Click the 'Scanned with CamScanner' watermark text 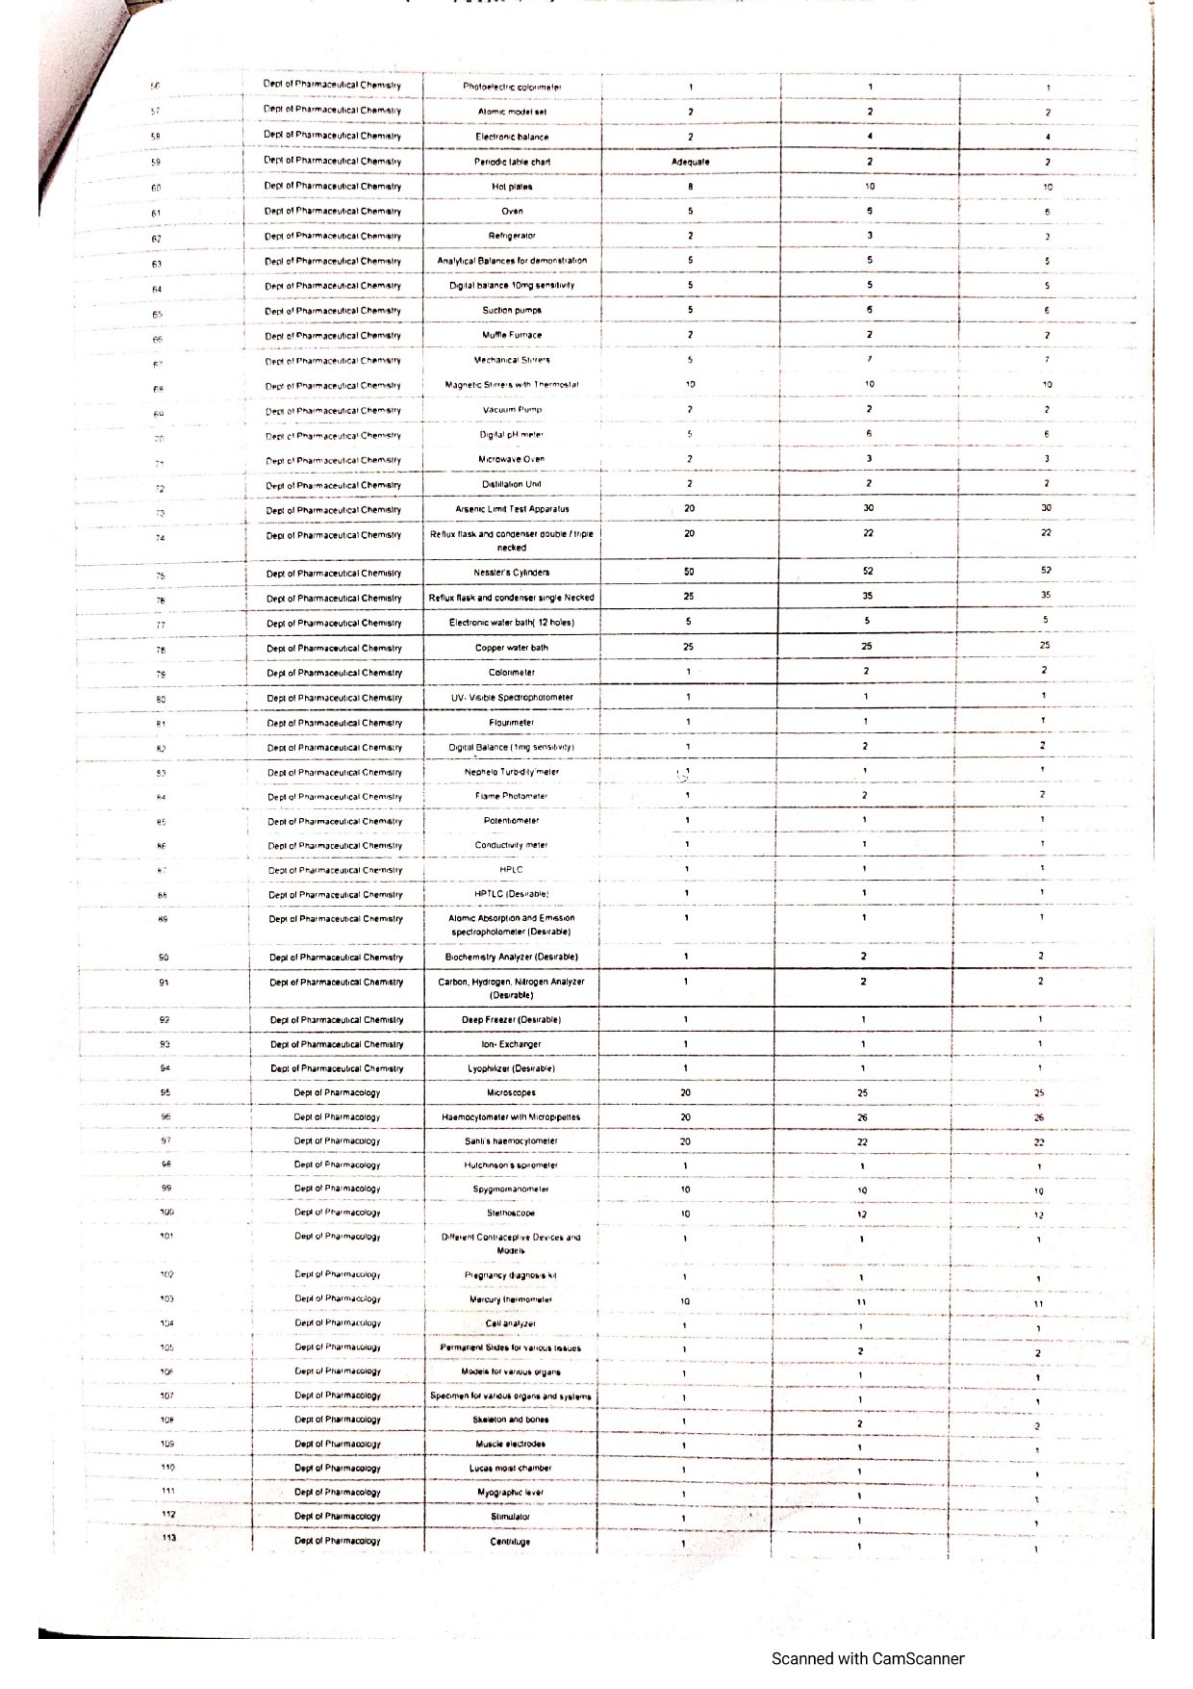(x=867, y=1657)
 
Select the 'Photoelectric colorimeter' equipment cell (x=512, y=87)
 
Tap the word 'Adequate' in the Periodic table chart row (x=690, y=162)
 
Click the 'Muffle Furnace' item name (x=512, y=335)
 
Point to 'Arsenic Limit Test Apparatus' (x=512, y=509)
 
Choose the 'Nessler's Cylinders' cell (x=512, y=573)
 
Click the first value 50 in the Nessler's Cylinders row (x=689, y=572)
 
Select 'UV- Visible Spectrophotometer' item (x=512, y=698)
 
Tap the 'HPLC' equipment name (x=512, y=870)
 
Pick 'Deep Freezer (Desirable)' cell (x=512, y=1019)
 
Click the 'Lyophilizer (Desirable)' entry (x=512, y=1068)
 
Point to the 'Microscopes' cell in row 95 (x=512, y=1093)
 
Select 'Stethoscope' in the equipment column (x=510, y=1214)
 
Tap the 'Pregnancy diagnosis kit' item (x=510, y=1276)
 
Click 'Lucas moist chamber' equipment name (x=510, y=1469)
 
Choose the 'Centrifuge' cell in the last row (x=510, y=1542)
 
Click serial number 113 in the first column (x=168, y=1538)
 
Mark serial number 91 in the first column (x=165, y=983)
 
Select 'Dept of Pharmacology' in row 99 (x=337, y=1189)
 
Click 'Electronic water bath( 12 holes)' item (x=512, y=623)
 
